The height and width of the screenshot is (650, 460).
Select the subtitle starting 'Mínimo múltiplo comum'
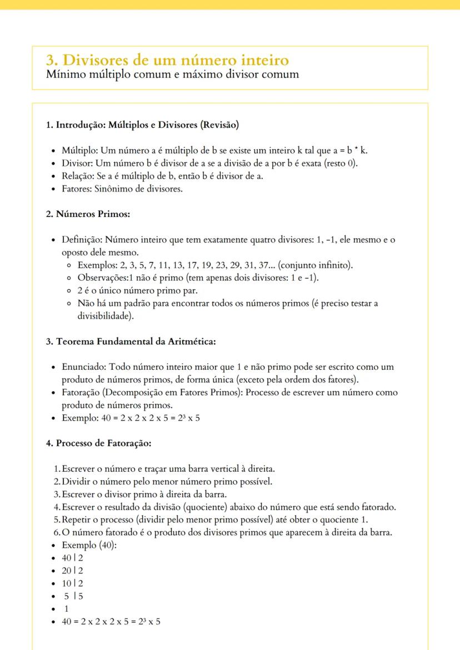tap(172, 74)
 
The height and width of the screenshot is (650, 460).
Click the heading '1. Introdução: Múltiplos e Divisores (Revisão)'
tap(142, 125)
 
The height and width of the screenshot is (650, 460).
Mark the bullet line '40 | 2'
tap(72, 558)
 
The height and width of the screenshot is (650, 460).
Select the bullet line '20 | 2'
tap(72, 571)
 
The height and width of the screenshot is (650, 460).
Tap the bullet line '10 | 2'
tap(72, 583)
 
